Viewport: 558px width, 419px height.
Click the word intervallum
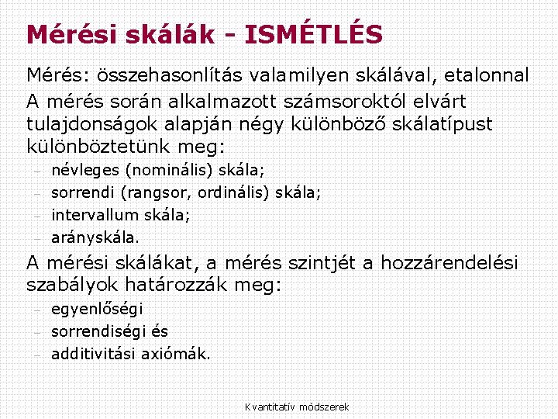[x=95, y=214]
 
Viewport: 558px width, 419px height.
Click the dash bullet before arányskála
[x=36, y=237]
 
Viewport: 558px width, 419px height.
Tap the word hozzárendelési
[x=450, y=262]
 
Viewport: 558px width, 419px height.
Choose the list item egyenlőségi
[x=97, y=310]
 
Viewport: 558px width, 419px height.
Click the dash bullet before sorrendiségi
[x=36, y=332]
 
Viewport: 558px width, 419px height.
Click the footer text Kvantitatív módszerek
[x=297, y=407]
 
